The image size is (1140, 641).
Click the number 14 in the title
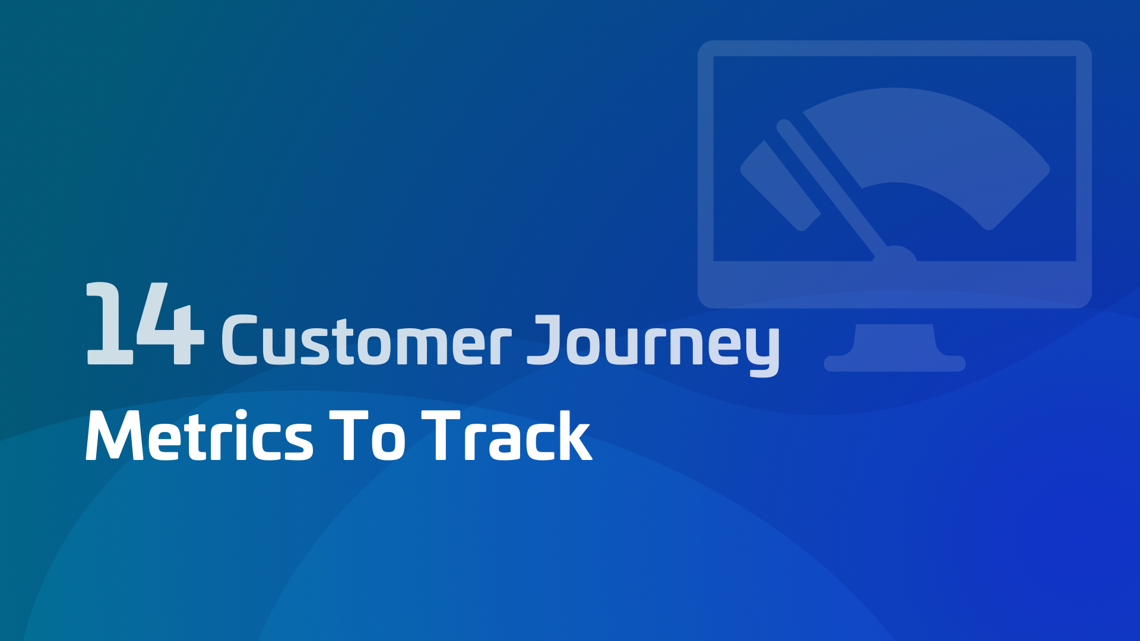(145, 323)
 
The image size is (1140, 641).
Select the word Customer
(366, 341)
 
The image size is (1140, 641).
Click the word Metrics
(199, 436)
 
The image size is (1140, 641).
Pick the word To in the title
(368, 436)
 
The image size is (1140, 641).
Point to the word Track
(506, 436)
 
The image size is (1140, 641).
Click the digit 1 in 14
(109, 323)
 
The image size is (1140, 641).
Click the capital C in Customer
(239, 340)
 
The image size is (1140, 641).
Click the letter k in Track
(574, 436)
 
